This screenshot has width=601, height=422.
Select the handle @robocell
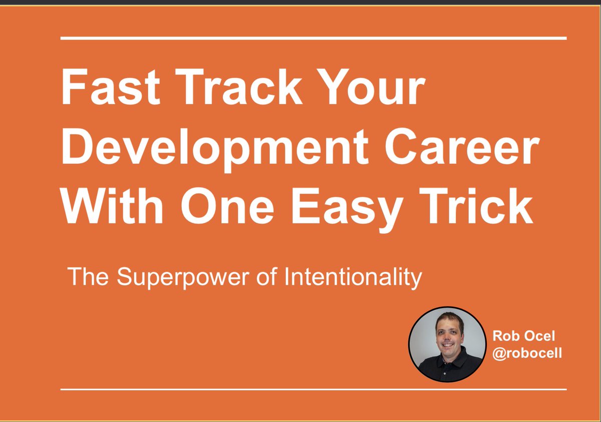(527, 353)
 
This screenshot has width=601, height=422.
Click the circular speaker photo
(448, 345)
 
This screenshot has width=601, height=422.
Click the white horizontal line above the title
(314, 38)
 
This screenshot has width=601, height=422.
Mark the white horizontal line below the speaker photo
(314, 389)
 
